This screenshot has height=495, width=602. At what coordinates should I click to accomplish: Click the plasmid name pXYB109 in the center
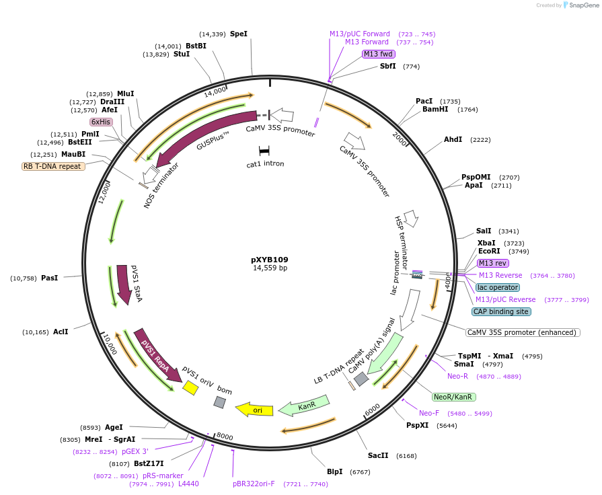point(269,260)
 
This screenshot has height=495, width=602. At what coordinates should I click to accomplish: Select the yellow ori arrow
point(254,410)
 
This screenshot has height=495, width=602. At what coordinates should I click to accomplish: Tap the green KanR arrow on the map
point(305,406)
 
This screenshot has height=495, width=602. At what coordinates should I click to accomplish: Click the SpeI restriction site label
point(239,34)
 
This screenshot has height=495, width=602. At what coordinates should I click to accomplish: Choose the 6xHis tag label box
point(101,122)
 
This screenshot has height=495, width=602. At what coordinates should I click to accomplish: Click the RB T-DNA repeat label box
point(54,166)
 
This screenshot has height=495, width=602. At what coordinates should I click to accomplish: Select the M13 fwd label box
point(378,54)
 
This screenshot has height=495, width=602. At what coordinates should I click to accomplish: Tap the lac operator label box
point(497,287)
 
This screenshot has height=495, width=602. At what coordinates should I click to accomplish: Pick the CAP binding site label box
point(501,311)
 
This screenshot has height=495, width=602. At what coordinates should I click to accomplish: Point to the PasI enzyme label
point(50,278)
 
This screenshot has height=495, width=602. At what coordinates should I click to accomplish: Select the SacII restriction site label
point(378,455)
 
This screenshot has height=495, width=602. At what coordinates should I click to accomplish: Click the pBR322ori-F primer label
point(254,484)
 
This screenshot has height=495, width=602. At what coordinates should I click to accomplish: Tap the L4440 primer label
point(188,484)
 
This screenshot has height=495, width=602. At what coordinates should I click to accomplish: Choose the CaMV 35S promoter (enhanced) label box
point(523,332)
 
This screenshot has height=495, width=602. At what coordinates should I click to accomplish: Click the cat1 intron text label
point(265,163)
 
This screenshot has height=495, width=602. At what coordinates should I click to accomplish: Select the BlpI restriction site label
point(334,472)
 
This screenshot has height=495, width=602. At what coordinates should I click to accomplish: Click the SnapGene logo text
point(582,5)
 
